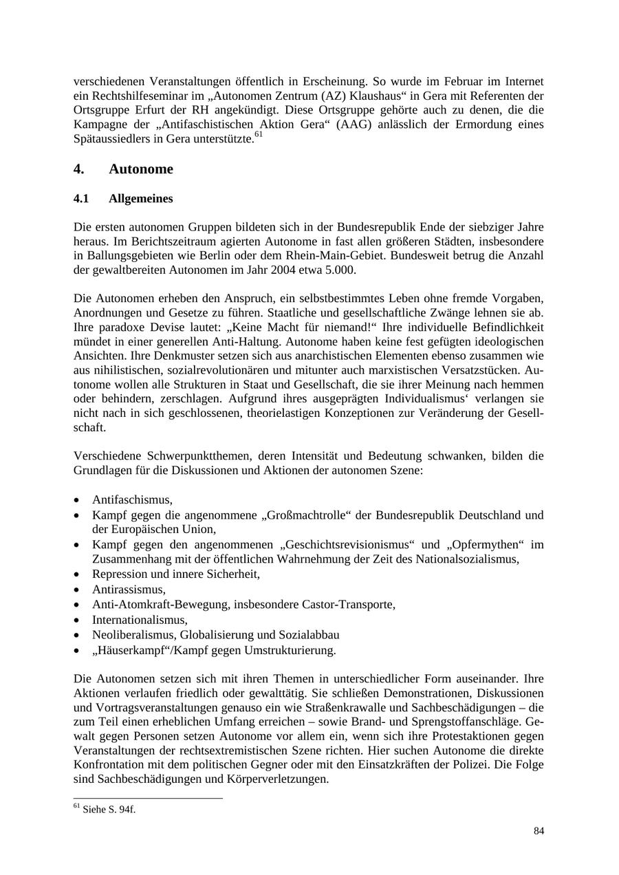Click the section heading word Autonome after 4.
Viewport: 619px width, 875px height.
coord(141,169)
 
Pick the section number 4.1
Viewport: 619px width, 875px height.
coord(81,199)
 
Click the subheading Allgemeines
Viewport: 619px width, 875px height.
coord(140,199)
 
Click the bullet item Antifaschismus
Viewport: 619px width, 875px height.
coord(132,500)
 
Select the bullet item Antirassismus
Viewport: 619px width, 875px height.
coord(129,590)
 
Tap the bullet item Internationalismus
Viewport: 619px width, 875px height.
coord(140,619)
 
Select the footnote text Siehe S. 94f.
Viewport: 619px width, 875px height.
coord(109,810)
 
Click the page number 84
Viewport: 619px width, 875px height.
coord(539,831)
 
